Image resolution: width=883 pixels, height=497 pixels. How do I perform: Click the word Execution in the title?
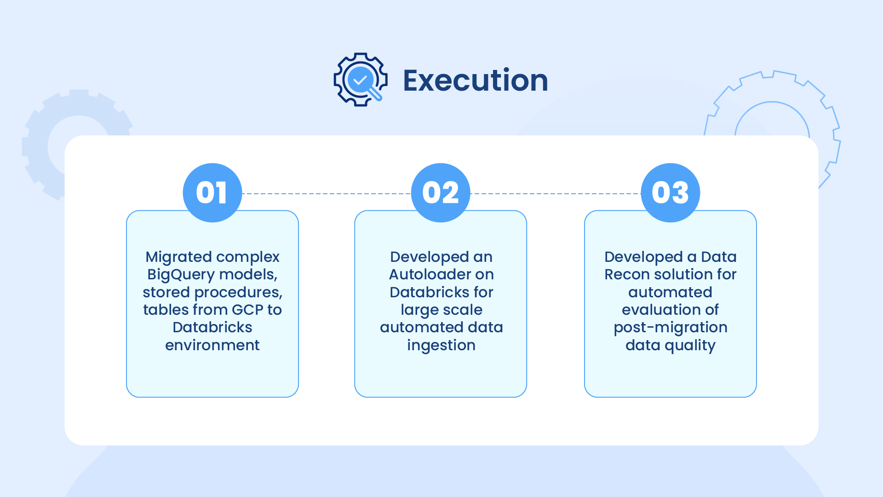click(476, 81)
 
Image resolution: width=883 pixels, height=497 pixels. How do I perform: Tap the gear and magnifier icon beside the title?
click(361, 80)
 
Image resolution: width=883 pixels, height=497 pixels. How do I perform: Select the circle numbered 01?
click(212, 193)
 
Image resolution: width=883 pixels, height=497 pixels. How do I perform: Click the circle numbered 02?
click(441, 193)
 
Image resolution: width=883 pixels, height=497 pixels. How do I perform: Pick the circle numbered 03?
click(671, 193)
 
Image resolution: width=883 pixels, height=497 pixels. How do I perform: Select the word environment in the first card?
click(212, 345)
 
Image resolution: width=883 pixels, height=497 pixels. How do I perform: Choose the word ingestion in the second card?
click(441, 346)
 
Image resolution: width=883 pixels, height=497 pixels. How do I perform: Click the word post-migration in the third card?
click(671, 328)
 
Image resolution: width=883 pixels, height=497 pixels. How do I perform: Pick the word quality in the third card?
click(690, 346)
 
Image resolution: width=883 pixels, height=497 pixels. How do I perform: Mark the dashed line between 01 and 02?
click(327, 194)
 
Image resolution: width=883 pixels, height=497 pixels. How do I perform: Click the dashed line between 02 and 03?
click(556, 194)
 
